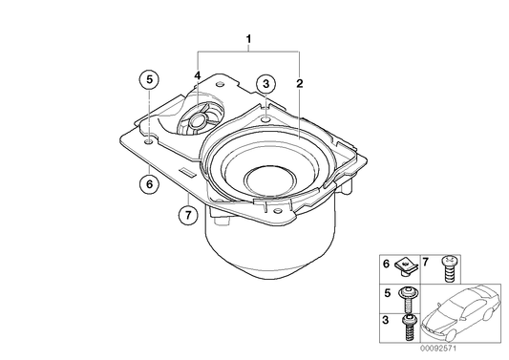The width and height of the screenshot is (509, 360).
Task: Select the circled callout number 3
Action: (x=266, y=84)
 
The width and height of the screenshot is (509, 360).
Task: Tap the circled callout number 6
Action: (x=149, y=185)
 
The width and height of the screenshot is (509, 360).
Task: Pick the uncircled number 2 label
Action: (x=299, y=84)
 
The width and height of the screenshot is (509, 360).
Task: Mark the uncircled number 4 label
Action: (x=198, y=74)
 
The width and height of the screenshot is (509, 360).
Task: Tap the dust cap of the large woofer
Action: (x=272, y=181)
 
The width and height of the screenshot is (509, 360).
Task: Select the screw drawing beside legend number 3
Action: (x=410, y=327)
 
